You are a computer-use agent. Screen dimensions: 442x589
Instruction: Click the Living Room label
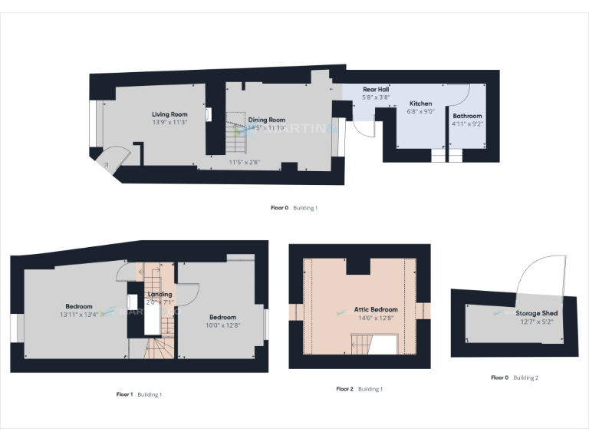[x=169, y=114]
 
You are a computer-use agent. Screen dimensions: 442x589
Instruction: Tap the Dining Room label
[x=266, y=120]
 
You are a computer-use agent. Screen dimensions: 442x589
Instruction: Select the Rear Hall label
[x=376, y=89]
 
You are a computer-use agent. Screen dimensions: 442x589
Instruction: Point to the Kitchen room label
[x=420, y=103]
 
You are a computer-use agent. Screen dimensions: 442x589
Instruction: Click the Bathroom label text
[x=467, y=116]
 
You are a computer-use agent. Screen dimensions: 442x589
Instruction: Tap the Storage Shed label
[x=537, y=313]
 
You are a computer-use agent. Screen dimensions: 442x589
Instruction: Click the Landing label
[x=160, y=294]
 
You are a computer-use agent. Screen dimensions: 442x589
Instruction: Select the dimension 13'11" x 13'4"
[x=78, y=315]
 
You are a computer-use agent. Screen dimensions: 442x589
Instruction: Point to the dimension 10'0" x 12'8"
[x=223, y=325]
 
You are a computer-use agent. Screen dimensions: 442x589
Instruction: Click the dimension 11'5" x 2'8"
[x=245, y=162]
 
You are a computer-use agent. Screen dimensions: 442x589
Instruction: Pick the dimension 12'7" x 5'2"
[x=536, y=322]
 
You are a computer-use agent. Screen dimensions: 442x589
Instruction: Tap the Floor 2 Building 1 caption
[x=359, y=389]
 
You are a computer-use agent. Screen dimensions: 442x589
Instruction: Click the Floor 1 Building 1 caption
[x=139, y=394]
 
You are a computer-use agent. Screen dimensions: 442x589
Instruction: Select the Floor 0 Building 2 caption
[x=515, y=378]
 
